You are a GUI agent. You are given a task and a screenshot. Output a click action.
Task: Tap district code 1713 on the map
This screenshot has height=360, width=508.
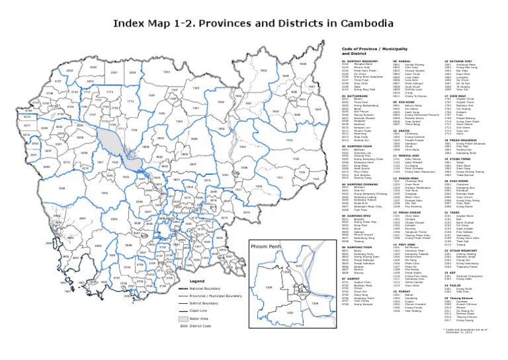click(130, 101)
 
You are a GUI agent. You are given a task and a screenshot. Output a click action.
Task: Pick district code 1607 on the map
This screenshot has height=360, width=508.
click(318, 109)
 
